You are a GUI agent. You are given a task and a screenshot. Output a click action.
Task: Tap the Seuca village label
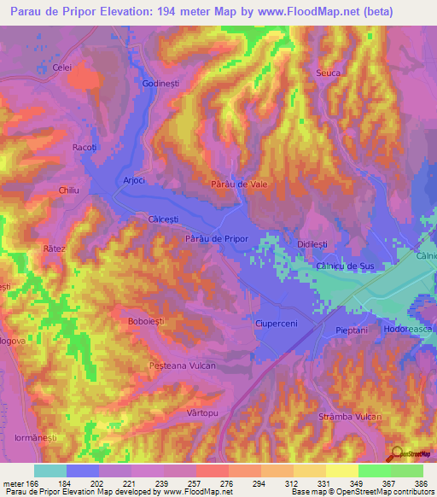pos(329,73)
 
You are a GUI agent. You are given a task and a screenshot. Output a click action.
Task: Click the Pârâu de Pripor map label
pos(216,239)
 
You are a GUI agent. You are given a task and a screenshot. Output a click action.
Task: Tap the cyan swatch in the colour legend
pos(50,471)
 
